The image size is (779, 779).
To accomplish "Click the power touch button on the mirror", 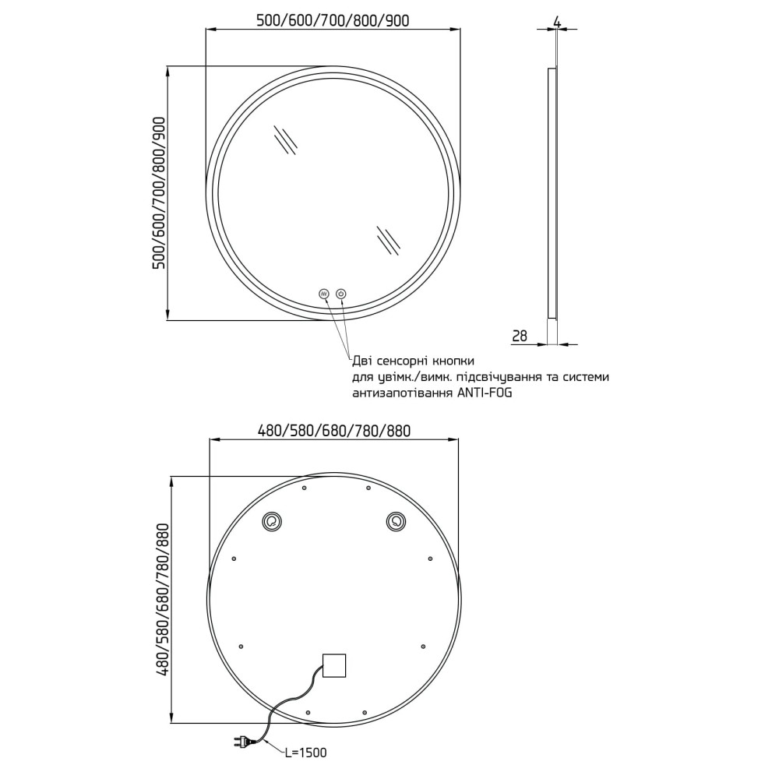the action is [x=341, y=294].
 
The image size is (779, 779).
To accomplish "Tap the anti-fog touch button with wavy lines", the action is [x=324, y=294].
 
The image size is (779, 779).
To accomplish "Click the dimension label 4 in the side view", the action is [x=557, y=23].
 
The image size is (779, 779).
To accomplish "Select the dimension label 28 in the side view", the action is [x=519, y=337].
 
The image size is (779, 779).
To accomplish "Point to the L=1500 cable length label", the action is [x=305, y=753].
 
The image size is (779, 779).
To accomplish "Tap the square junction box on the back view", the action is [x=334, y=665].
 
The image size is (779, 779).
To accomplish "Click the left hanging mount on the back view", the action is [x=272, y=522].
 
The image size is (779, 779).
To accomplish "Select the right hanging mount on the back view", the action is [x=396, y=522].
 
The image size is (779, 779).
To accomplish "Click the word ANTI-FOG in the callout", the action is [x=484, y=393].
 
